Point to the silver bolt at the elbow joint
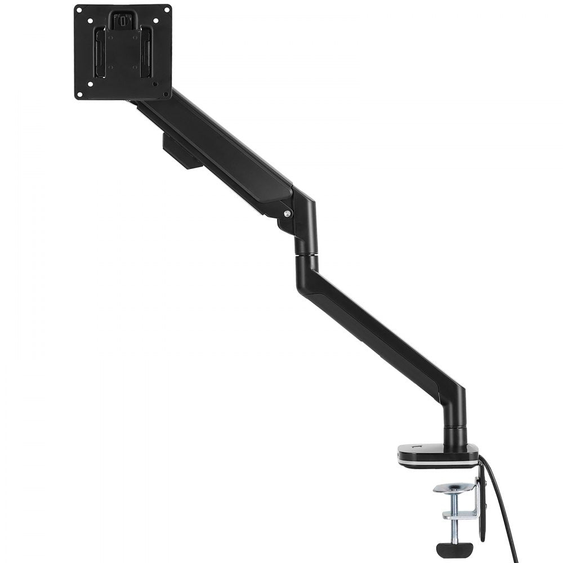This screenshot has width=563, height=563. pyautogui.click(x=288, y=213)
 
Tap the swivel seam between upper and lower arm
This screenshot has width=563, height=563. pyautogui.click(x=306, y=256)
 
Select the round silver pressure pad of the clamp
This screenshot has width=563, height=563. pyautogui.click(x=453, y=488)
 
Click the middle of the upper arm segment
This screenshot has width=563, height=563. pyautogui.click(x=220, y=146)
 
